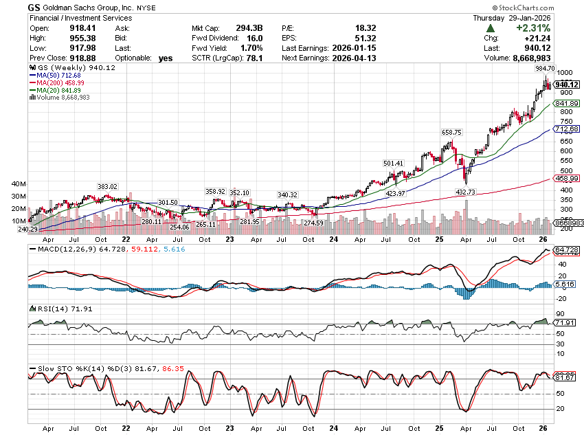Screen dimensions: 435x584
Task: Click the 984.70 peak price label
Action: click(544, 69)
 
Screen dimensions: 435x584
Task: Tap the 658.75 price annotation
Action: click(450, 132)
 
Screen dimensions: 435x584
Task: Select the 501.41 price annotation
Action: click(393, 163)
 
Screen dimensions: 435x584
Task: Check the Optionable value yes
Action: click(165, 58)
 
